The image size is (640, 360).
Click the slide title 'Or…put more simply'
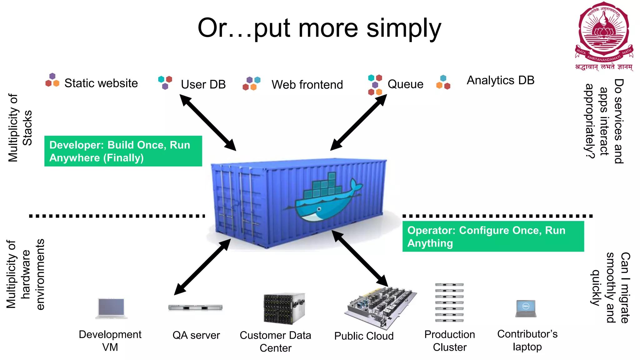pos(319,28)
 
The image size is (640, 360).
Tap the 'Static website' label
pos(101,83)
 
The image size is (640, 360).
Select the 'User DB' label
pos(203,84)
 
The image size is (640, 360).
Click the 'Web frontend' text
pos(307,85)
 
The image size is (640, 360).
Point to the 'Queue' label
pos(405,84)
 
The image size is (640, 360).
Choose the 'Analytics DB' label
pos(500,80)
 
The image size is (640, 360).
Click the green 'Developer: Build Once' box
pos(123,151)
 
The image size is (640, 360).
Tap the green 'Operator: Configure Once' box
pos(493,237)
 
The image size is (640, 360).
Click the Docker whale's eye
pos(319,209)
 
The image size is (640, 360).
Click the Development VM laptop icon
pos(111,308)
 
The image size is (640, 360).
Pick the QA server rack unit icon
pos(195,307)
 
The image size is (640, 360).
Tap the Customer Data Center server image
pos(284,308)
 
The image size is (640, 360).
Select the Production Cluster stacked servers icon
pos(449,302)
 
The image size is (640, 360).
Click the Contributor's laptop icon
pos(526,308)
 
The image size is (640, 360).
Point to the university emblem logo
pos(604,34)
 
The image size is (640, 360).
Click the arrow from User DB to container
pos(208,122)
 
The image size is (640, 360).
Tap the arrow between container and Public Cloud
pos(360,258)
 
